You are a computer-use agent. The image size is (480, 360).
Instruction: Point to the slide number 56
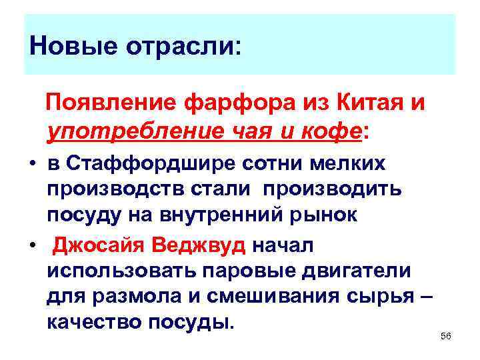(446, 337)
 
